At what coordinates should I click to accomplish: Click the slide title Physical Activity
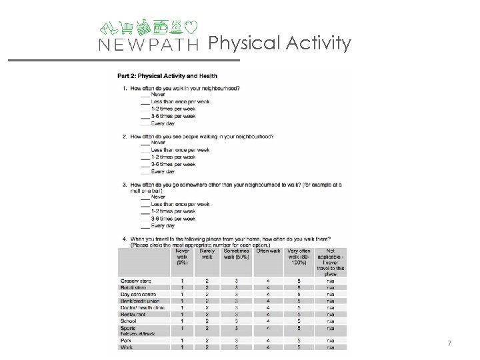pyautogui.click(x=279, y=43)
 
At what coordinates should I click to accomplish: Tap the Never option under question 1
pyautogui.click(x=159, y=95)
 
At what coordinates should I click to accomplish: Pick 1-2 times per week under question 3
pyautogui.click(x=173, y=211)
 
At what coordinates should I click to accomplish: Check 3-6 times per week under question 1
pyautogui.click(x=173, y=116)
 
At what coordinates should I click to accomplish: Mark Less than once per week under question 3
pyautogui.click(x=180, y=204)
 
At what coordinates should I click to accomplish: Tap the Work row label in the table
pyautogui.click(x=127, y=347)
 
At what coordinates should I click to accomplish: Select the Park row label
pyautogui.click(x=126, y=339)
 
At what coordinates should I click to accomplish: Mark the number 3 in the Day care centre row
pyautogui.click(x=235, y=295)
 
